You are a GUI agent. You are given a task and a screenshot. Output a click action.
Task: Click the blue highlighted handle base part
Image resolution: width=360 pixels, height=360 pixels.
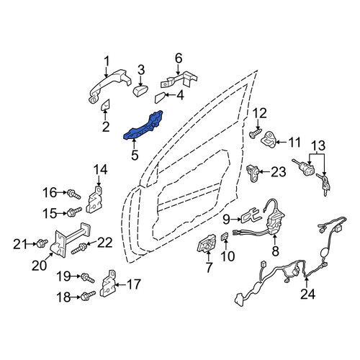[143, 126]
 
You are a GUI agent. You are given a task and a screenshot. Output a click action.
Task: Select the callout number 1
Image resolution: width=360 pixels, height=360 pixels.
[107, 61]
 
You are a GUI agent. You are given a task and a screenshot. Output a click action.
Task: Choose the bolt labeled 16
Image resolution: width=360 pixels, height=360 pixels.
[73, 194]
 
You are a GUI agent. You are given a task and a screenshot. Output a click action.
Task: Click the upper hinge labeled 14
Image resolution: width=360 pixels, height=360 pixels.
[95, 199]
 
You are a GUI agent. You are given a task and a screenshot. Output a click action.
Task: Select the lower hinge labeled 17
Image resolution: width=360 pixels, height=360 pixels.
[109, 284]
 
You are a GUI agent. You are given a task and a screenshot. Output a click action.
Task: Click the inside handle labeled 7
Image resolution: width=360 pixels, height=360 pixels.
[207, 244]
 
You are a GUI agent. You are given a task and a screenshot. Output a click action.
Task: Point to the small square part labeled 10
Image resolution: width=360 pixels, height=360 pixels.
[225, 237]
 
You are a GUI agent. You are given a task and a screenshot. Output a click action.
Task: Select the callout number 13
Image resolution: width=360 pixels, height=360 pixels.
[318, 145]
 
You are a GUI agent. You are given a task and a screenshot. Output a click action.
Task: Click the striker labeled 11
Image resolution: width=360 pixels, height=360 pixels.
[269, 140]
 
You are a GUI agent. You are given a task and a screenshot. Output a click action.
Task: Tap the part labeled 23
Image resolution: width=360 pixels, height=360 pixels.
[253, 173]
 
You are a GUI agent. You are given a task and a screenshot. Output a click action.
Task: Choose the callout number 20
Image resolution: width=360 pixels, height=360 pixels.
[40, 265]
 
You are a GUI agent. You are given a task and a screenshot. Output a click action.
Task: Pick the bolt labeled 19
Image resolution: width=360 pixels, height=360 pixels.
[88, 278]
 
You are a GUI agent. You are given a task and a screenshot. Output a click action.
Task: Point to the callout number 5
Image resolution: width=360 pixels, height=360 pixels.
[135, 155]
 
